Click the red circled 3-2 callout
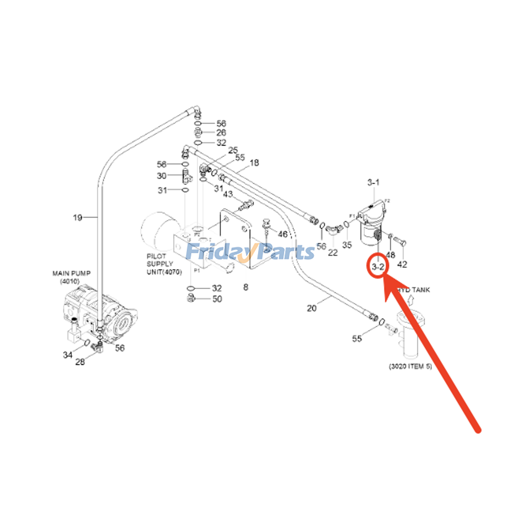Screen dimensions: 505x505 tap(378, 267)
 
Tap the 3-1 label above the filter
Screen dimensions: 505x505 tap(373, 182)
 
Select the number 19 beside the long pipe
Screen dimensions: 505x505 tap(78, 217)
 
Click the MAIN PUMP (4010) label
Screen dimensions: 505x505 tap(71, 277)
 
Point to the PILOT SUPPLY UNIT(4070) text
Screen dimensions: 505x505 tap(164, 264)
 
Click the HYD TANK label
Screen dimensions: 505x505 tap(414, 290)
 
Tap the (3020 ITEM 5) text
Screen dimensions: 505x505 tap(410, 366)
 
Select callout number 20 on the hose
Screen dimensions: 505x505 tap(312, 308)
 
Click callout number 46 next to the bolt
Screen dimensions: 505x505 tap(282, 234)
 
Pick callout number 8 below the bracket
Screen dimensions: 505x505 tap(246, 287)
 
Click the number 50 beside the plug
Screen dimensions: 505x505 tap(217, 299)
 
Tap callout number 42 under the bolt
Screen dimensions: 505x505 tap(402, 264)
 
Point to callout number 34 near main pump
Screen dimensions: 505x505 tap(68, 355)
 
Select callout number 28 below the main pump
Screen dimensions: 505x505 tap(80, 362)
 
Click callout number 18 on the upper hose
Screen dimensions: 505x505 tap(254, 163)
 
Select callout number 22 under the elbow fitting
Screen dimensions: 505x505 tap(333, 252)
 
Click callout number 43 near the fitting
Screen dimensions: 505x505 tap(228, 194)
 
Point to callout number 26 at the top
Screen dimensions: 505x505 tap(221, 133)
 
